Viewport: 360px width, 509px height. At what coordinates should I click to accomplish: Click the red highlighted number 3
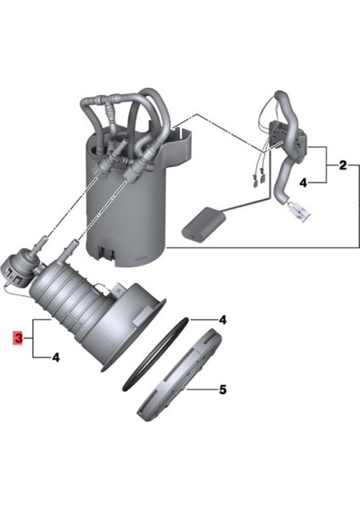coord(18,338)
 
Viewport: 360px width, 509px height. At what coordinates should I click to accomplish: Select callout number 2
coord(343,165)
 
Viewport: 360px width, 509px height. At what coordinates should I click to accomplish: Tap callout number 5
coord(222,389)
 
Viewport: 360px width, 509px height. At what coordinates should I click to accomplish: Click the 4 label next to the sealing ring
coord(222,320)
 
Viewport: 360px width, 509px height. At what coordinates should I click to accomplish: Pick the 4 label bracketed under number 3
coord(56,357)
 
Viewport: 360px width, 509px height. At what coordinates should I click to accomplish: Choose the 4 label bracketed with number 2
coord(303,183)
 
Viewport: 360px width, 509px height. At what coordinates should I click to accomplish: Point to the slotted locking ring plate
coord(179,373)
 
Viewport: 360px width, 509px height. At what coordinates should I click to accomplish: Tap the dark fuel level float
coord(204,225)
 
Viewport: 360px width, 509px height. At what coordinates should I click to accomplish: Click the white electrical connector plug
coord(300,211)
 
